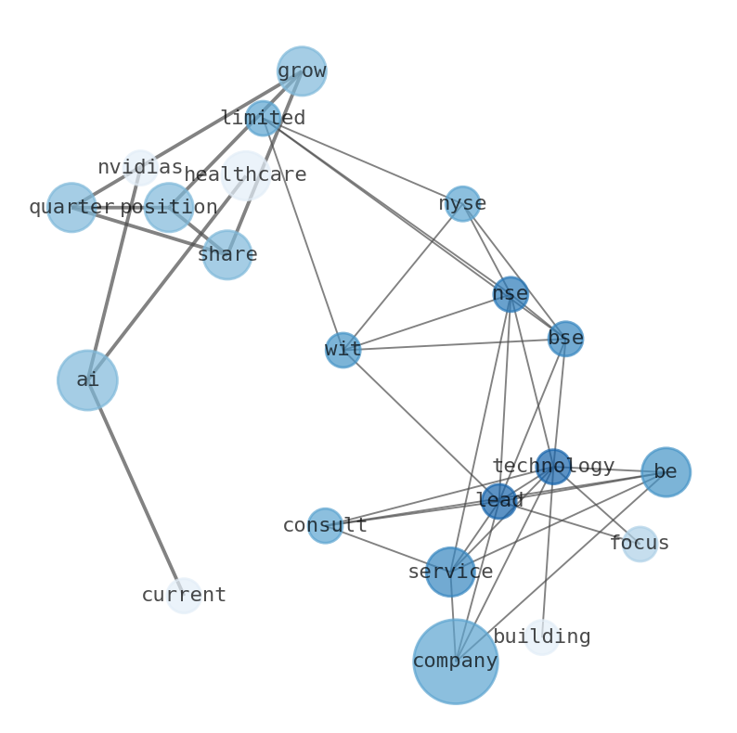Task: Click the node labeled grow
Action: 302,71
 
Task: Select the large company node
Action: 455,662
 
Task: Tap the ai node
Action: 87,380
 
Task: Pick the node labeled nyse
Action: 462,204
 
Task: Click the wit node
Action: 343,350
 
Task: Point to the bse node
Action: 565,339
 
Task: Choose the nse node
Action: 511,294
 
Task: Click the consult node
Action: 325,526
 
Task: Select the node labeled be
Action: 666,472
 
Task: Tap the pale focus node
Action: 640,544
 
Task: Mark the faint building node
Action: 542,637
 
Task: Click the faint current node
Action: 184,596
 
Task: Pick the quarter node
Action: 71,208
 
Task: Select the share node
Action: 227,255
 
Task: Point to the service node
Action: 450,572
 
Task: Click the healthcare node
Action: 245,175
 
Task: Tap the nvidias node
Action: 140,168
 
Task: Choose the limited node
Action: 263,119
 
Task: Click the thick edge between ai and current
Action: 136,488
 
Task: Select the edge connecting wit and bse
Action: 455,344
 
